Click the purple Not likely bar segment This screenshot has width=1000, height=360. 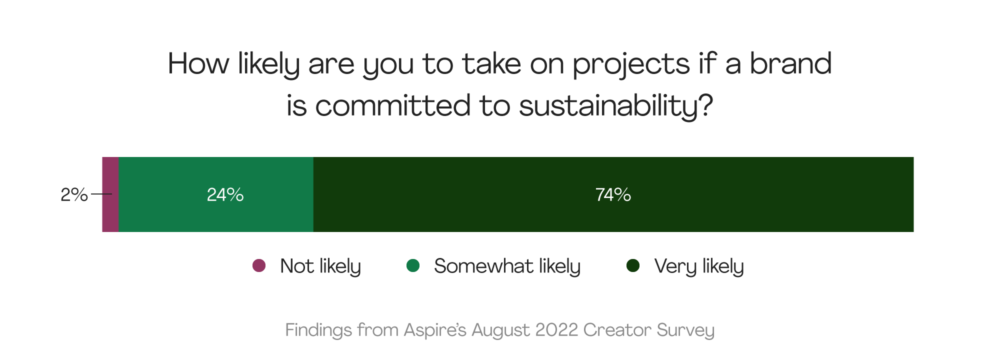110,194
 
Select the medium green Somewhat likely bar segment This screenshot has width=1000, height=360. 216,194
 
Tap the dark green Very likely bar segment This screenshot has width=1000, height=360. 613,194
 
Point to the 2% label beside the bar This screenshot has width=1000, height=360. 74,194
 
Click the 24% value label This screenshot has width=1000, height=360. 225,194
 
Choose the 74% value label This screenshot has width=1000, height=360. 613,194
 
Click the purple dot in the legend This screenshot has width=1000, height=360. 259,265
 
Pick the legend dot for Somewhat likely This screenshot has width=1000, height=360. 413,265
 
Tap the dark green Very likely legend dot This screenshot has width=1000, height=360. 633,265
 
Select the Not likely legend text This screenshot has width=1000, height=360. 320,266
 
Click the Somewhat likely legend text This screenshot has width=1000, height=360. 507,266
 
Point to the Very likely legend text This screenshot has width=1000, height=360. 699,266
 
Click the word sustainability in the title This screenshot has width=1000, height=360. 615,106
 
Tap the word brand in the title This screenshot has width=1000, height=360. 790,63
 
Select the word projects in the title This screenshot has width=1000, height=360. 631,65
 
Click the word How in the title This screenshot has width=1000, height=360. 198,64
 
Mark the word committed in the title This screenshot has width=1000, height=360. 393,105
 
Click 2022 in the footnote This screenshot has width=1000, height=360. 556,330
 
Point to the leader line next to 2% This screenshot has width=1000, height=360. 101,194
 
